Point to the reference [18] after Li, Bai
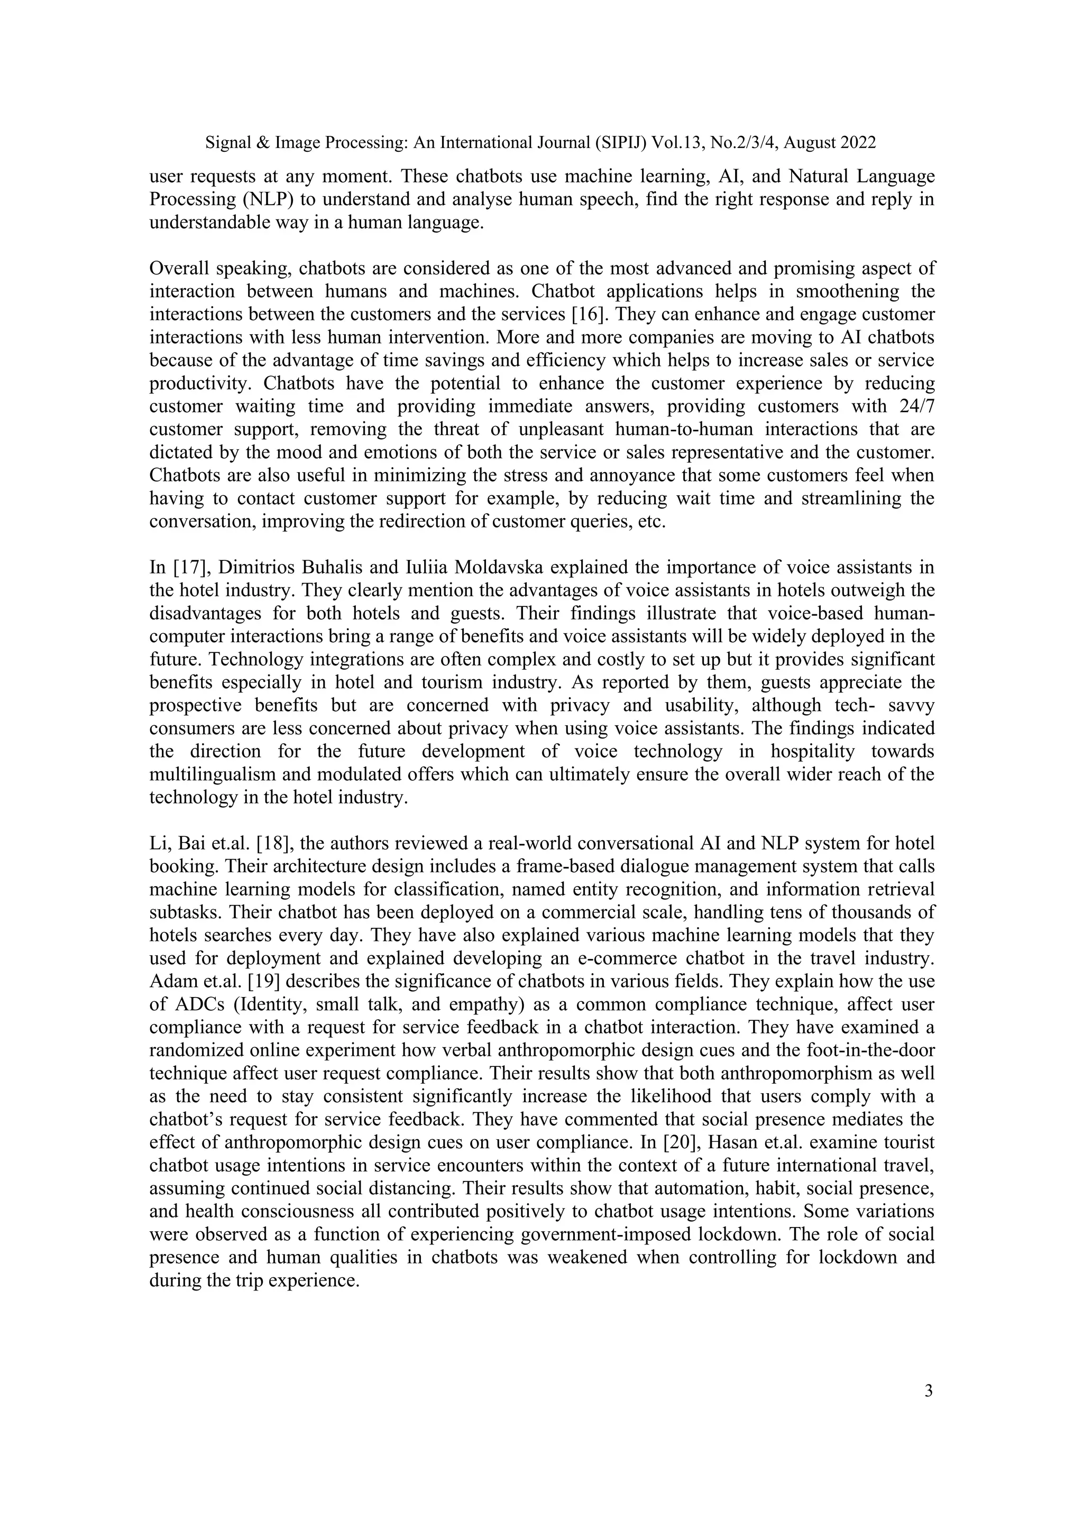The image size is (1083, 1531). [276, 844]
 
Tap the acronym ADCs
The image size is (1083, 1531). [198, 1005]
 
